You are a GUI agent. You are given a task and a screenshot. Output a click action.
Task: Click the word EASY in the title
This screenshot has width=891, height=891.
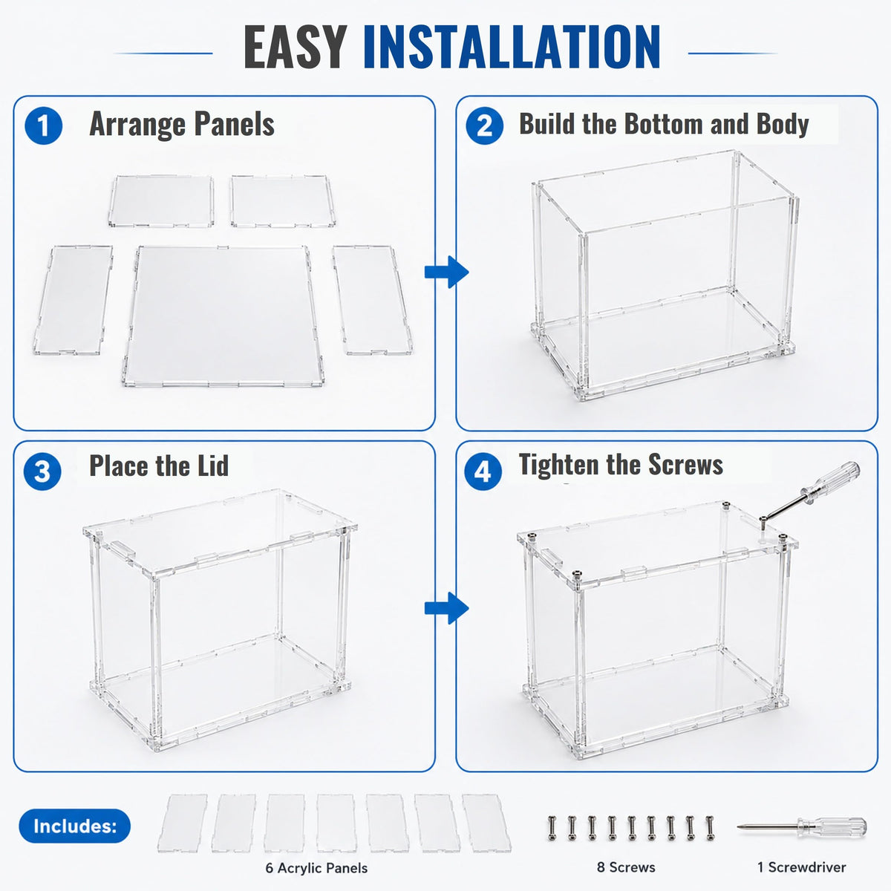pos(296,48)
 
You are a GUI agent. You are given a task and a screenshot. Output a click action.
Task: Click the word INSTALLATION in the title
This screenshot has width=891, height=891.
pos(512,48)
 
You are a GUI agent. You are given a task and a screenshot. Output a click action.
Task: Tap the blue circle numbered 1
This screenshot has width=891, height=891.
pos(44,125)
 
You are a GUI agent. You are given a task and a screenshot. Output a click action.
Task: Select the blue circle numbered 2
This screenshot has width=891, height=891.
pos(485,125)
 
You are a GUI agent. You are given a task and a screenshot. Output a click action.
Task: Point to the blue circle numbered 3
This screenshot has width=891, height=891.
pos(42,471)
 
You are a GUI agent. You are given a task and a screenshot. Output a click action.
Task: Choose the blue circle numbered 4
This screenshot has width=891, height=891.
pos(483,471)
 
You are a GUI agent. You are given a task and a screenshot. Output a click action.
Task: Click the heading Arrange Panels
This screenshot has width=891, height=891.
pos(182,124)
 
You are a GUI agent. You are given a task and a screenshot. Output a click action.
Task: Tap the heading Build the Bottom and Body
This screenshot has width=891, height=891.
pos(664,124)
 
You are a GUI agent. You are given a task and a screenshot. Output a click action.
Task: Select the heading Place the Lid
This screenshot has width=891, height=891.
pos(159,465)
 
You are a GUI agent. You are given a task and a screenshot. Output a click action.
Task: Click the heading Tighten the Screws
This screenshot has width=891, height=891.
pos(621,464)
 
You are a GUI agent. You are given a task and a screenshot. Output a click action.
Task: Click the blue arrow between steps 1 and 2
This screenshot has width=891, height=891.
pos(447,272)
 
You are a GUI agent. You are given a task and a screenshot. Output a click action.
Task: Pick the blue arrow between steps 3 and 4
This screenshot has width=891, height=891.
pos(447,607)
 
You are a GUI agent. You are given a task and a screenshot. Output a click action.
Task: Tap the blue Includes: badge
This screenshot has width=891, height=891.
pos(75,826)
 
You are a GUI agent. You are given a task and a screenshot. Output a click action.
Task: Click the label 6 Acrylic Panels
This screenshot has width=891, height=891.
pos(316,868)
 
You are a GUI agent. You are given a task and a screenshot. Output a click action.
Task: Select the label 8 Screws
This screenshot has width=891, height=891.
pos(626,867)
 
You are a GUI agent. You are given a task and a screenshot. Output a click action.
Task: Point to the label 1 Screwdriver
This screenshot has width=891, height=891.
pos(801,867)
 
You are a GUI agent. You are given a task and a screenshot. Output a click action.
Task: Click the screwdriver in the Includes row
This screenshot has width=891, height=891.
pos(802,826)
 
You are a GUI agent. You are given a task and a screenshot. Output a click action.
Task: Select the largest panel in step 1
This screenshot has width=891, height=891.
pos(223,316)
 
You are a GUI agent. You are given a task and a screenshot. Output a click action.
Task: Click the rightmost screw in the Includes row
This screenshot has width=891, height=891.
pos(710,828)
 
